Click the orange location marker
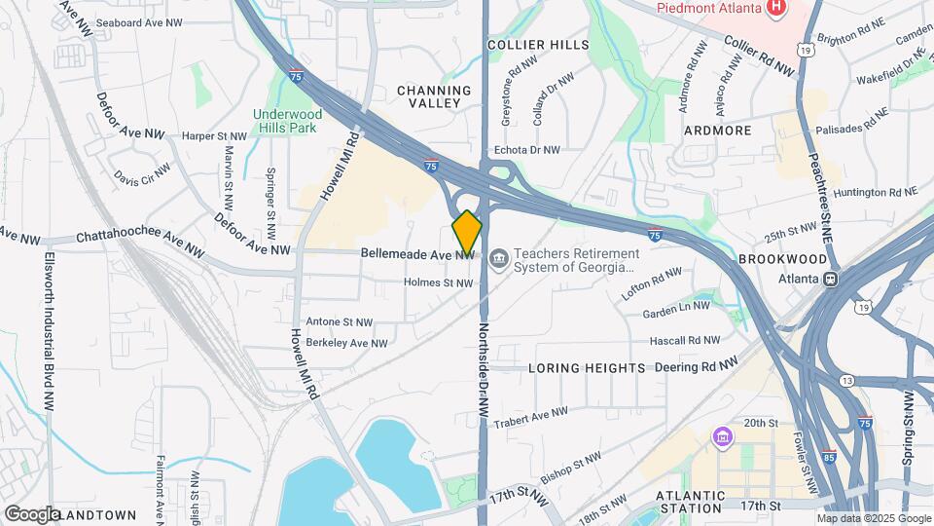pyautogui.click(x=467, y=232)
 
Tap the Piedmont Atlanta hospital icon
pyautogui.click(x=776, y=10)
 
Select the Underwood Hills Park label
pyautogui.click(x=287, y=121)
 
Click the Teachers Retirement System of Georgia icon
pyautogui.click(x=498, y=258)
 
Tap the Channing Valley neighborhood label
pyautogui.click(x=434, y=97)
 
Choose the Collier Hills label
pyautogui.click(x=538, y=45)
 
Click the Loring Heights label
pyautogui.click(x=587, y=368)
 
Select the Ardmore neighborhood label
pyautogui.click(x=717, y=130)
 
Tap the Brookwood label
pyautogui.click(x=782, y=259)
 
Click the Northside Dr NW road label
pyautogui.click(x=483, y=371)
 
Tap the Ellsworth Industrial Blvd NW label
pyautogui.click(x=48, y=331)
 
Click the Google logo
pyautogui.click(x=32, y=513)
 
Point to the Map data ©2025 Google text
pyautogui.click(x=881, y=517)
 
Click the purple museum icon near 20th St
pyautogui.click(x=721, y=435)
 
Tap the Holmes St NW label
pyautogui.click(x=438, y=283)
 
